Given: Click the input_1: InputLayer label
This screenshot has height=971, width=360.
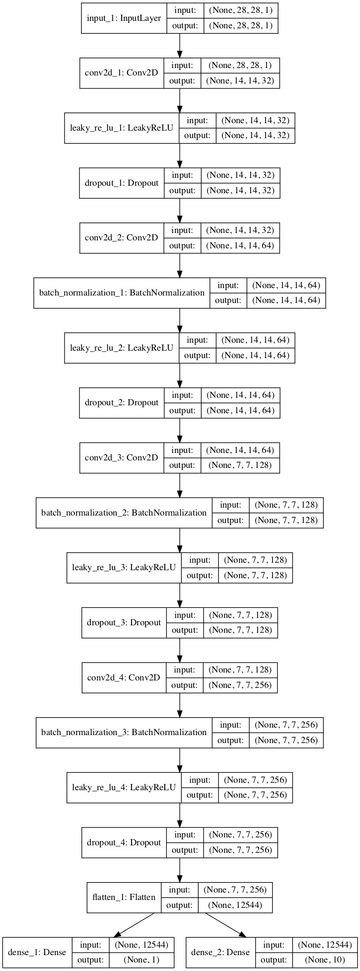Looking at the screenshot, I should coord(124,18).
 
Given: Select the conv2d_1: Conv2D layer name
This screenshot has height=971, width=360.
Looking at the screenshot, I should coord(121,73).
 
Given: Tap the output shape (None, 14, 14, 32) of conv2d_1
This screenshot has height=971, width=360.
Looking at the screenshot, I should coord(240,80).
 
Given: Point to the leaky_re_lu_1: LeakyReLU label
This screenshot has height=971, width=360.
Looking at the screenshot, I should coord(122,128).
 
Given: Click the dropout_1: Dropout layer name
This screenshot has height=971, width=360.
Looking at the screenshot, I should coord(122,183).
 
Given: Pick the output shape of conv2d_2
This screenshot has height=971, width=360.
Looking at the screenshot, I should coord(240,245).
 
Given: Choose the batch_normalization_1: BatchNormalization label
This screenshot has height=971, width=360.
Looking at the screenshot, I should coord(122,293).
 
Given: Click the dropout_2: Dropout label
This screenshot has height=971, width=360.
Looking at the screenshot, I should coord(122,403).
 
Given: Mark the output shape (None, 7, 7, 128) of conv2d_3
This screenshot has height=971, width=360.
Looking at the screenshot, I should coord(240,465).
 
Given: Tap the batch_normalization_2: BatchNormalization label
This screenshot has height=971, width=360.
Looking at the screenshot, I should coord(124,513).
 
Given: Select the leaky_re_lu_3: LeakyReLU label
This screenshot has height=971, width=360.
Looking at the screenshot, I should coord(124,567).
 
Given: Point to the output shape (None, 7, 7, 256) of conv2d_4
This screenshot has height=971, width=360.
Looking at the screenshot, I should coord(240,685).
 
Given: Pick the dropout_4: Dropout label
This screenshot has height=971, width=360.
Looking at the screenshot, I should coord(124,842).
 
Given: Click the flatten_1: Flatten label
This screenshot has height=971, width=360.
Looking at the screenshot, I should coord(124,897).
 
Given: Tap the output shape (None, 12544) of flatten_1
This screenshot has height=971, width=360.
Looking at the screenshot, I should coord(235,905).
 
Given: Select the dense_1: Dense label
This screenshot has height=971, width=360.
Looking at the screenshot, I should coord(37,952).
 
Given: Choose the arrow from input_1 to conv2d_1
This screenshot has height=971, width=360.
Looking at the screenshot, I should coord(180,46).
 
